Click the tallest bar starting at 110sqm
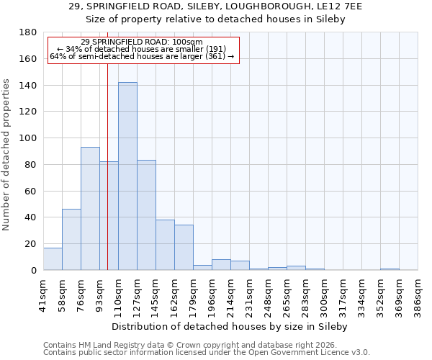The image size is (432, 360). (x=127, y=176)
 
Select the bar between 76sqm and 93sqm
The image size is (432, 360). (x=90, y=209)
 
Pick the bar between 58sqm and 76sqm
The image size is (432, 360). (x=71, y=240)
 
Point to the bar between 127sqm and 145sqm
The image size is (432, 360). (x=146, y=215)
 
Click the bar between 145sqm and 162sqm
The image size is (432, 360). (x=165, y=245)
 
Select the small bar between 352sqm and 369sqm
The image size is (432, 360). (x=390, y=269)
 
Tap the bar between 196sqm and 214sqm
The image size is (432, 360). (x=221, y=265)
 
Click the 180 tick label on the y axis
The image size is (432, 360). (x=28, y=32)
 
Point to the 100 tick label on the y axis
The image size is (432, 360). (x=28, y=138)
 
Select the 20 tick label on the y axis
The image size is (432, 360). (x=31, y=244)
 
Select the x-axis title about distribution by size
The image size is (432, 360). (x=230, y=326)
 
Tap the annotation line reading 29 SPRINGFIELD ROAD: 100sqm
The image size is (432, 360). (x=142, y=42)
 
